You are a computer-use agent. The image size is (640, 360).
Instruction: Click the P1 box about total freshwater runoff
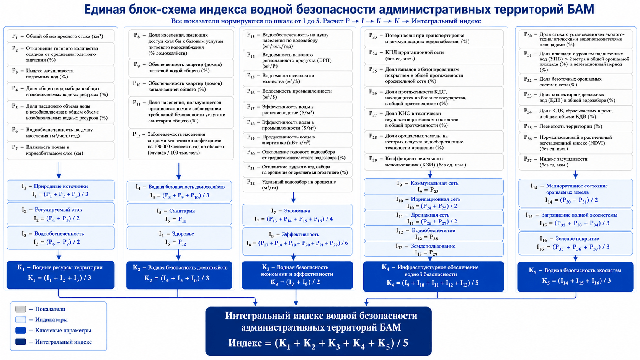pos(60,36)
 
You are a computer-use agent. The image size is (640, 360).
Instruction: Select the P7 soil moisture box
pos(60,150)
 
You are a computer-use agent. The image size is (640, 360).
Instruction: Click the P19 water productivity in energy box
pos(297,140)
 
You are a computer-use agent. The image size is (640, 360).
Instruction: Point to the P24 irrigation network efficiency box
pos(433,55)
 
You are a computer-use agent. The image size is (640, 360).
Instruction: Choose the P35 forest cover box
pos(575,127)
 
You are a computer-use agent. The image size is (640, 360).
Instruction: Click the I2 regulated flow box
pos(60,214)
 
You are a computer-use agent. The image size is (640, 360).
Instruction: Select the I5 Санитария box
pos(179,215)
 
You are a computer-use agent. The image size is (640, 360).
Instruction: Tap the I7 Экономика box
pos(297,215)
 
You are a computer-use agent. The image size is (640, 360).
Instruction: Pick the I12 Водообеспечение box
pos(433,233)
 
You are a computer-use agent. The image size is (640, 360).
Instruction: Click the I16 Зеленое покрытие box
pos(575,243)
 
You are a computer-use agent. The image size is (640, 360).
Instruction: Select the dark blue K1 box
pos(60,275)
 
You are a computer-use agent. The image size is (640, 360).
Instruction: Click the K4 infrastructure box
pos(433,276)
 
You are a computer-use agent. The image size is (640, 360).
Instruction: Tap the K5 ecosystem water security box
pos(575,277)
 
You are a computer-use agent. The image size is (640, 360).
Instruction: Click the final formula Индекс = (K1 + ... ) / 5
pos(318,343)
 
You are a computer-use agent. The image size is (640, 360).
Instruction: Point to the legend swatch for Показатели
pos(21,309)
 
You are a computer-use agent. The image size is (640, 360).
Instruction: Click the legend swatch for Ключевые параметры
pos(21,330)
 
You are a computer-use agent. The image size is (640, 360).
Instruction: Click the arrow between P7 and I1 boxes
pos(59,171)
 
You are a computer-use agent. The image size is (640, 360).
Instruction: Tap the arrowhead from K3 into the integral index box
pos(296,303)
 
